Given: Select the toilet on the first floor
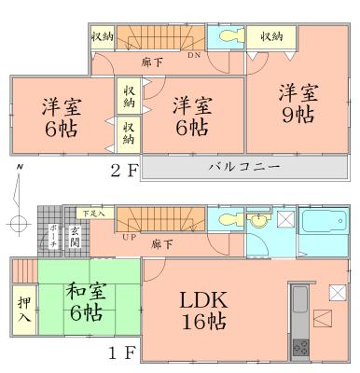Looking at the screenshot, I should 229,221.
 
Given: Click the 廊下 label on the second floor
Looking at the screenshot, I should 147,62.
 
